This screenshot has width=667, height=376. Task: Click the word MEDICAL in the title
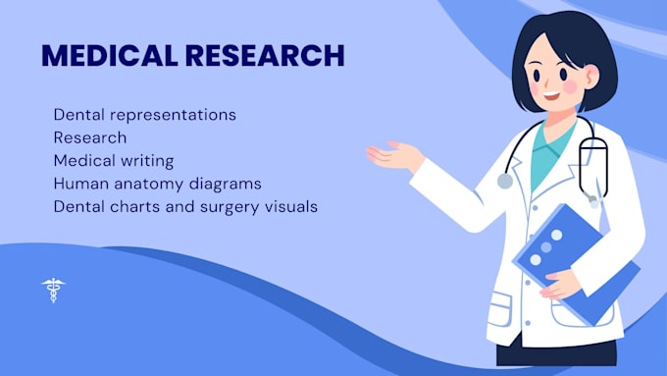109,55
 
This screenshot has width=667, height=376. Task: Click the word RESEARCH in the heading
265,55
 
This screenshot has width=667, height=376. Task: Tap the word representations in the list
174,116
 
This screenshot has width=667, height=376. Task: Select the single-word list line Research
90,137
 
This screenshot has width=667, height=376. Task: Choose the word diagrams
225,185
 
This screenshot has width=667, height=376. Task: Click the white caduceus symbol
53,290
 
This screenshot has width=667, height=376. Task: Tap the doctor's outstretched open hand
394,156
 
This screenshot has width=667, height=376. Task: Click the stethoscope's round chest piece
505,181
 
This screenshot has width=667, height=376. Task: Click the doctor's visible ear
591,77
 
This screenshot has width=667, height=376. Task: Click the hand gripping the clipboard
560,285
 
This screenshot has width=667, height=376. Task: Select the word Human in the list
81,185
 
